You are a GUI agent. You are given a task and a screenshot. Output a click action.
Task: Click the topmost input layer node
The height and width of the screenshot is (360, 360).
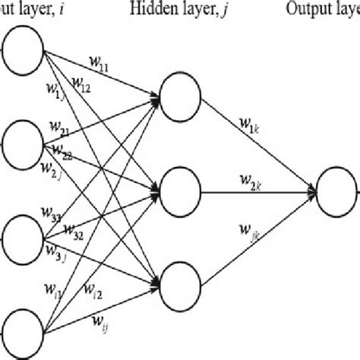pos(24,52)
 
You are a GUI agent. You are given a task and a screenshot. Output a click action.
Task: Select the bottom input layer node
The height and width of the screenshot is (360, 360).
pos(24,328)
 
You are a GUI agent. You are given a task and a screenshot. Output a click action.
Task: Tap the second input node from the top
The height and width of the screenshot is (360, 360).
pos(24,143)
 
